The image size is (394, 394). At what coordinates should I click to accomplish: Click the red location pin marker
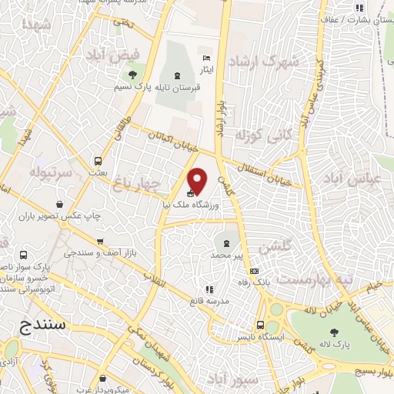coord(198,180)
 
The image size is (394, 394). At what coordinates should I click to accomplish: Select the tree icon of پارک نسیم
coord(132,75)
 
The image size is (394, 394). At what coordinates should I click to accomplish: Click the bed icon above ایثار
coord(205,58)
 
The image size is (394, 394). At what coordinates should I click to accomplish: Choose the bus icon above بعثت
coord(98,161)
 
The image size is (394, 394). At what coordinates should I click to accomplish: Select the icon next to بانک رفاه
coord(254,272)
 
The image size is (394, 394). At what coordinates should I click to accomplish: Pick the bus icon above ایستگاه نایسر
coord(261,326)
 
